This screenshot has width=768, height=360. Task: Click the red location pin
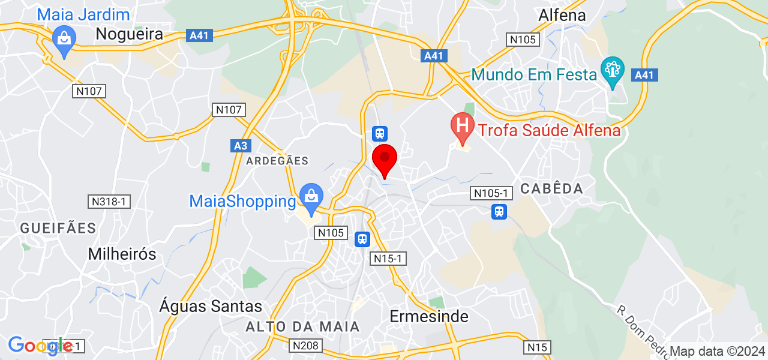pyautogui.click(x=385, y=159)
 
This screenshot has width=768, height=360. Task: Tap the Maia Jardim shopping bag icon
pyautogui.click(x=63, y=39)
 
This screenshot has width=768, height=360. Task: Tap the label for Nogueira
pyautogui.click(x=130, y=34)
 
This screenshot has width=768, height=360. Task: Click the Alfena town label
pyautogui.click(x=562, y=15)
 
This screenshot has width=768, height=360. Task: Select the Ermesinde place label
pyautogui.click(x=429, y=316)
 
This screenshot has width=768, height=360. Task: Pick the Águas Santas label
pyautogui.click(x=211, y=307)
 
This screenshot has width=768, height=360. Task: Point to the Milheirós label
pyautogui.click(x=122, y=254)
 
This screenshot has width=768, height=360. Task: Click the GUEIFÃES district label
pyautogui.click(x=58, y=228)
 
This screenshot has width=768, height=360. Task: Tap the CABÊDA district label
pyautogui.click(x=551, y=188)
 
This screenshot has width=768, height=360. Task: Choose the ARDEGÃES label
pyautogui.click(x=277, y=161)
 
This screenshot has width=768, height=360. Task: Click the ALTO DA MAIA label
pyautogui.click(x=303, y=327)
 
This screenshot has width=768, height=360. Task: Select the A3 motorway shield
pyautogui.click(x=240, y=146)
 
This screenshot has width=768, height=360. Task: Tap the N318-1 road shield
pyautogui.click(x=109, y=202)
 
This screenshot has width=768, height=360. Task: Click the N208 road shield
pyautogui.click(x=306, y=346)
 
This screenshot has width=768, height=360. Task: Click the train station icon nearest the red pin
pyautogui.click(x=380, y=133)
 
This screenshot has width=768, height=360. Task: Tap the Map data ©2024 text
pyautogui.click(x=718, y=351)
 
